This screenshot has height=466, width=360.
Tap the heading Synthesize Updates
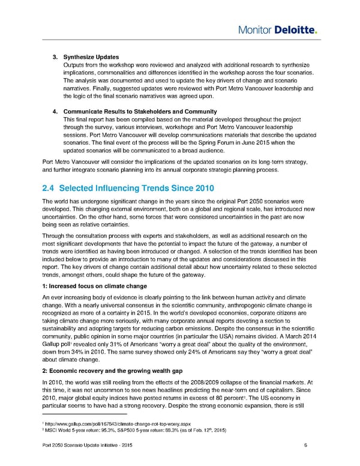tap(91, 57)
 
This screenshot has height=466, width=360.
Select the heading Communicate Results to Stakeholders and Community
tap(137, 112)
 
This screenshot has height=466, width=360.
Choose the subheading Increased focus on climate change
tap(95, 286)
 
